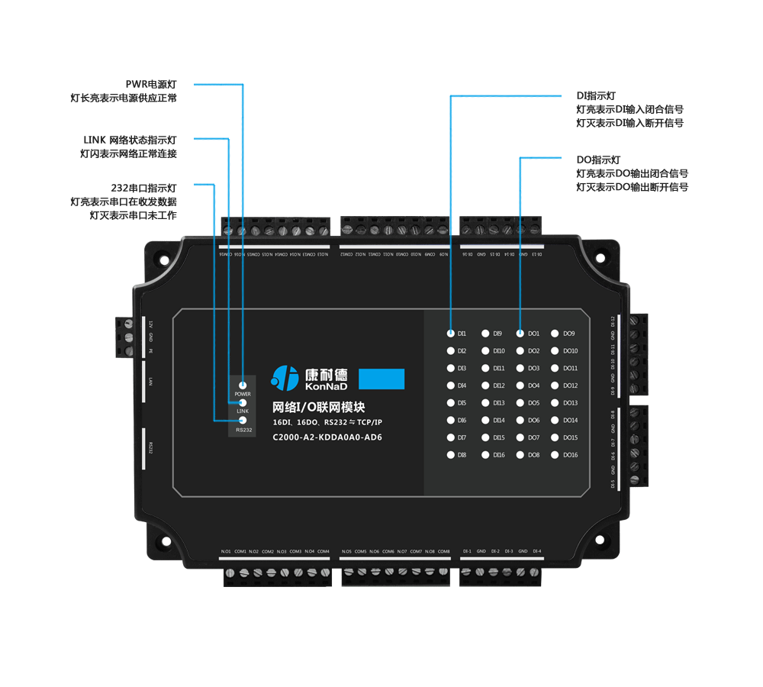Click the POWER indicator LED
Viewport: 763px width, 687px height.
pos(242,385)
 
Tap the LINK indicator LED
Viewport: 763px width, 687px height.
pos(242,402)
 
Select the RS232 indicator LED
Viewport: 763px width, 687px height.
pos(242,421)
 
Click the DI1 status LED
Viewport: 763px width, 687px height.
pos(451,334)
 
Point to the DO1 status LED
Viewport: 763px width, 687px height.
pos(520,334)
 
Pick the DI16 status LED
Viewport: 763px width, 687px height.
pos(485,455)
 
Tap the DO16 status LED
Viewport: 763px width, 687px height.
pos(555,455)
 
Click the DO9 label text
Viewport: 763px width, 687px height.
pos(569,334)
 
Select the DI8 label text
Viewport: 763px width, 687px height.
pos(462,455)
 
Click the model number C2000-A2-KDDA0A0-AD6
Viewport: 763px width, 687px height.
pos(327,437)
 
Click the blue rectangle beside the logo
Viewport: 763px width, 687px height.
pos(381,379)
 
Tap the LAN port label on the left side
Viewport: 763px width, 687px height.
pos(151,381)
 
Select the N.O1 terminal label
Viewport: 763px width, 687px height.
pos(226,551)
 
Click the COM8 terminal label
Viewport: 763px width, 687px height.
pos(443,551)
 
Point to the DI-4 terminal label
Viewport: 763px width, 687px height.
pos(536,551)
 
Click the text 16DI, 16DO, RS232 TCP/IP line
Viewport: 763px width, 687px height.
pos(327,421)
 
